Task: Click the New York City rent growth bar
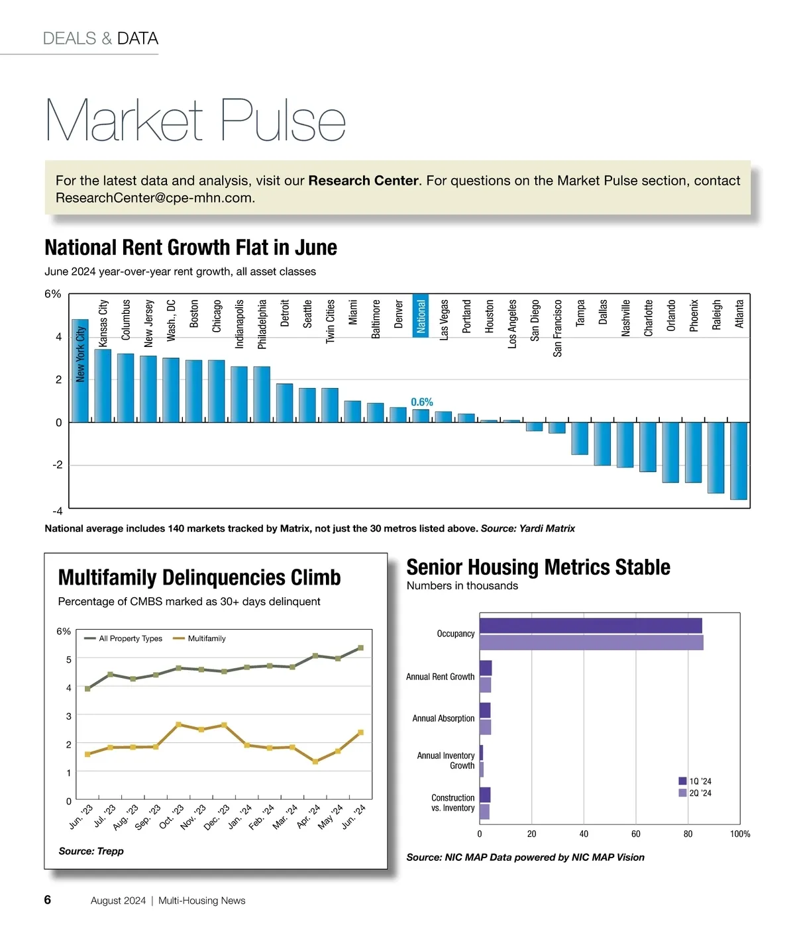pyautogui.click(x=80, y=371)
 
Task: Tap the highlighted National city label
pyautogui.click(x=421, y=315)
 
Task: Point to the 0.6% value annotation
pyautogui.click(x=421, y=402)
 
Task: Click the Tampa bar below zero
pyautogui.click(x=580, y=438)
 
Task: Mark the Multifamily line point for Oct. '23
pyautogui.click(x=179, y=724)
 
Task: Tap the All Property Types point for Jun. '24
pyautogui.click(x=360, y=648)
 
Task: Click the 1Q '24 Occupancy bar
pyautogui.click(x=590, y=626)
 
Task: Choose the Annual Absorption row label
pyautogui.click(x=443, y=718)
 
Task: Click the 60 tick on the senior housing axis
pyautogui.click(x=635, y=834)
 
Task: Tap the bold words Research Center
pyautogui.click(x=363, y=181)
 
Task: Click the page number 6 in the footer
pyautogui.click(x=48, y=899)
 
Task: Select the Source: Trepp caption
pyautogui.click(x=91, y=851)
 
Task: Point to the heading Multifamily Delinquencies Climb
pyautogui.click(x=199, y=577)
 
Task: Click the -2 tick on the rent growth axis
pyautogui.click(x=58, y=465)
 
